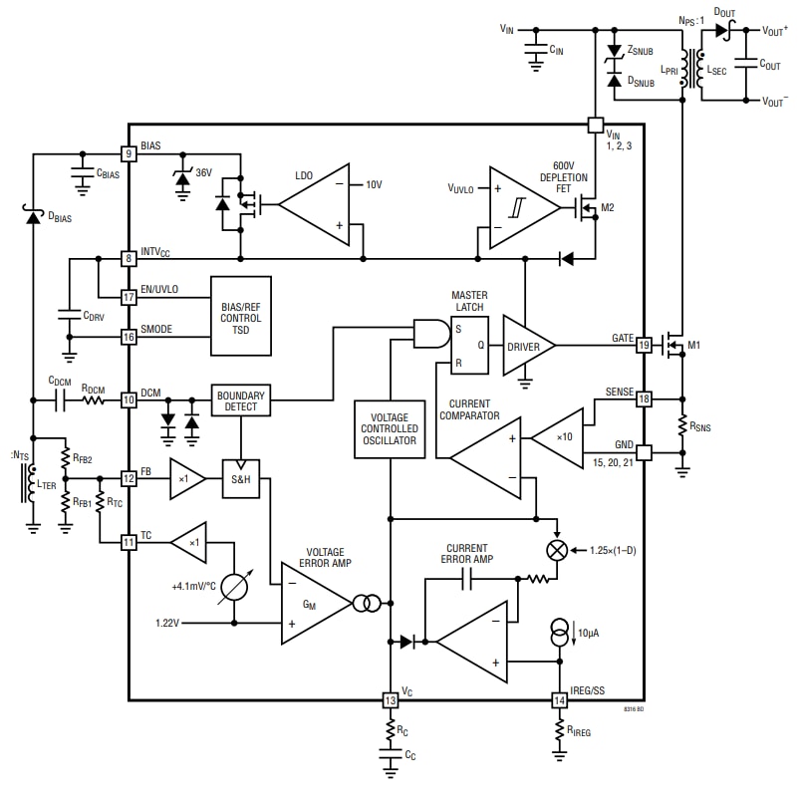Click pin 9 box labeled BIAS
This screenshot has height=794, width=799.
coord(129,153)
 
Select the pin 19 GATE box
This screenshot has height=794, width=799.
coord(644,345)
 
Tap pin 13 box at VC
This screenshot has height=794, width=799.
coord(390,700)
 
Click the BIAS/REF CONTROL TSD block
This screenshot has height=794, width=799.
coord(240,317)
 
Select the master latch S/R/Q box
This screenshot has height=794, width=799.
coord(470,346)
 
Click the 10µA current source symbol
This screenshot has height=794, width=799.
coord(560,633)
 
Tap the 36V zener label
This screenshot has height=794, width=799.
coord(203,172)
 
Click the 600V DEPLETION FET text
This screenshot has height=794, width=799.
coord(578,176)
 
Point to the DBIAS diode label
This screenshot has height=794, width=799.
coord(61,215)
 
